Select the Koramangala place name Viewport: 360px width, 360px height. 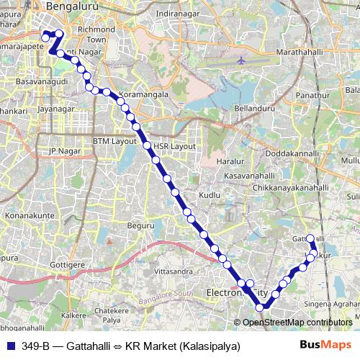tap(144, 94)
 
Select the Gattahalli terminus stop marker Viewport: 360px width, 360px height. tap(310, 238)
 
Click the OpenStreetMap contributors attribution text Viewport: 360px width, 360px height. tap(297, 323)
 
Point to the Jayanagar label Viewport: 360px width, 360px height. tap(56, 110)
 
